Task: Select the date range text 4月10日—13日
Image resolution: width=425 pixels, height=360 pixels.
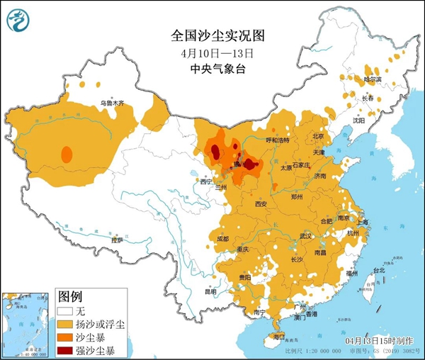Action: tap(212, 52)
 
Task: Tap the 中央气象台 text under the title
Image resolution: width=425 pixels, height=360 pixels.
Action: tap(212, 69)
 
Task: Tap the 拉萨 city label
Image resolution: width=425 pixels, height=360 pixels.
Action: tap(116, 240)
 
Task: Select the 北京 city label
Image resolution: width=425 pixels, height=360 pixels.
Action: tap(317, 136)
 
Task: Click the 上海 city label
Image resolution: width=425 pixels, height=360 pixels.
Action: tap(363, 222)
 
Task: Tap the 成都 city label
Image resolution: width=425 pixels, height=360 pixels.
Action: tap(222, 239)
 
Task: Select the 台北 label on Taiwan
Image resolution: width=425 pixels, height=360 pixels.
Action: tap(378, 270)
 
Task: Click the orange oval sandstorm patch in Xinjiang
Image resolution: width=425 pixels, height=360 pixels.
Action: tap(67, 154)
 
